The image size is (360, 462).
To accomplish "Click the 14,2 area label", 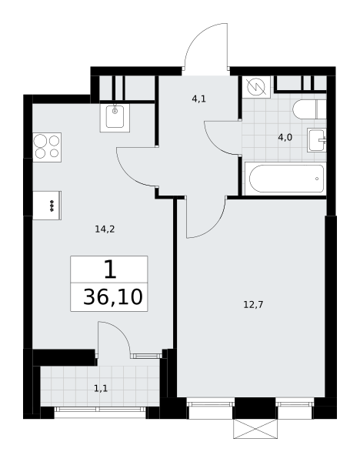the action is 105,229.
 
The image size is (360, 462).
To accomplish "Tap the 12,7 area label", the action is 253,304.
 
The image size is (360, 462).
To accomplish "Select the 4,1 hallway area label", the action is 199,99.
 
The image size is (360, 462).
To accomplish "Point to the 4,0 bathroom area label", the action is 285,137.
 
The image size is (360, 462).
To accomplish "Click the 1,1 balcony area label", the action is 101,389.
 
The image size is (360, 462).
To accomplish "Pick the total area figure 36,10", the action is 113,297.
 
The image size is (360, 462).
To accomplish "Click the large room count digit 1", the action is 110,269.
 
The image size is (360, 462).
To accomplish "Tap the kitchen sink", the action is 115,116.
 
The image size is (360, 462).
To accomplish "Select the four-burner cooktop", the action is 47,147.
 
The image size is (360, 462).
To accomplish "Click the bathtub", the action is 285,179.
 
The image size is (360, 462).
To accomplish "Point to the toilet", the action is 309,109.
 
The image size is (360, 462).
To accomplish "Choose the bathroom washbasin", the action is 317,139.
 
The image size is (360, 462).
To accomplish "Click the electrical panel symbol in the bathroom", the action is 256,87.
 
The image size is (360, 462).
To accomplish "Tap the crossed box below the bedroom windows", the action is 255,429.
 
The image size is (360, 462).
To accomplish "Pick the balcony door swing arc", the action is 122,330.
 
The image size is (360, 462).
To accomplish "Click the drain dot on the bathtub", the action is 317,179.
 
